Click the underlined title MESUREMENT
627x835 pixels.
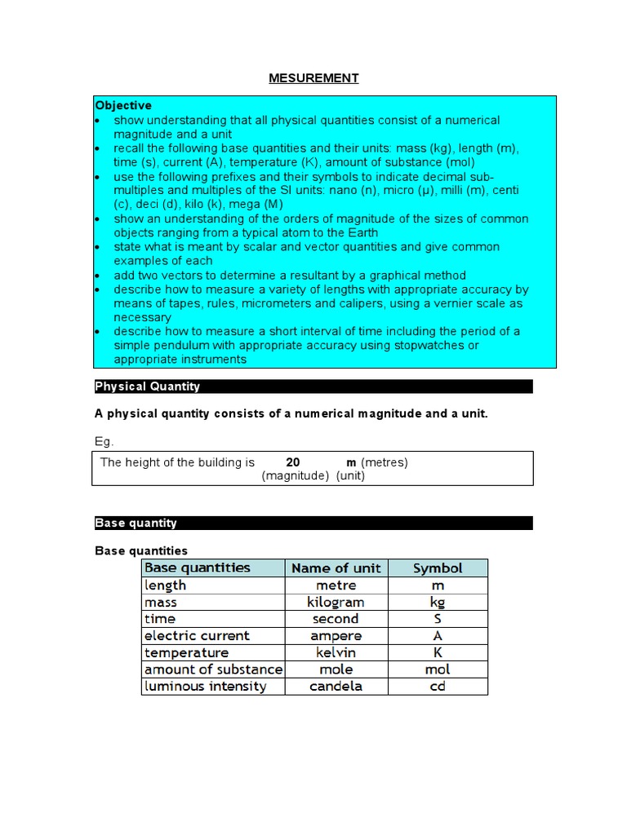[x=313, y=78]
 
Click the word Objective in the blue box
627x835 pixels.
[x=123, y=105]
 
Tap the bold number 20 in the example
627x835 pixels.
[x=293, y=462]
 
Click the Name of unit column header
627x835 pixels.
[x=336, y=568]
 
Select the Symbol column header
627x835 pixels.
[x=438, y=568]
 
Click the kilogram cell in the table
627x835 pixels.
[x=336, y=603]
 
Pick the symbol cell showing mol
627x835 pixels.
[x=438, y=669]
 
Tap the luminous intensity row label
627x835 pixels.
[x=206, y=687]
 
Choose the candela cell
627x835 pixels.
[x=336, y=687]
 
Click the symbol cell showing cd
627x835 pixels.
[x=438, y=687]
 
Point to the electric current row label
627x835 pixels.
[x=198, y=636]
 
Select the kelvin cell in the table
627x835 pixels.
[x=336, y=653]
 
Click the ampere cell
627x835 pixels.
[x=336, y=636]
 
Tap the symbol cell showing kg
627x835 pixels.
[x=438, y=603]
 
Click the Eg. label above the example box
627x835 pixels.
[x=104, y=441]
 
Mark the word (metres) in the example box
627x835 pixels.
[x=385, y=462]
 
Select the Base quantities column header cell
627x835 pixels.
[x=198, y=568]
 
